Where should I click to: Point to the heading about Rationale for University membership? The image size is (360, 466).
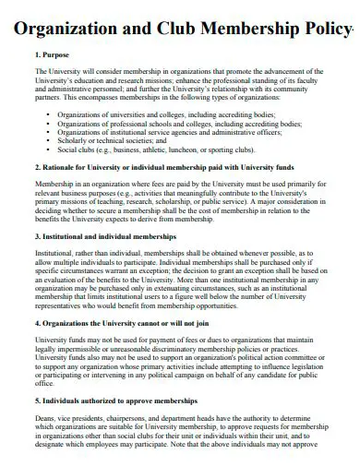click(166, 168)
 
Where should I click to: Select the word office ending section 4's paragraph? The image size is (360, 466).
click(43, 385)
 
